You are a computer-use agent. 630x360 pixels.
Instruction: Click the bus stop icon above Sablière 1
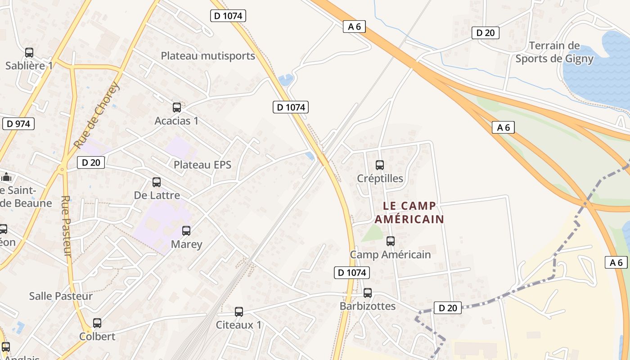[x=29, y=53]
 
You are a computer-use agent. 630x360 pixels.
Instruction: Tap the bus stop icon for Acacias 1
[x=177, y=108]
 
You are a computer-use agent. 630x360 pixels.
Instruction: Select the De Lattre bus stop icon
[x=157, y=182]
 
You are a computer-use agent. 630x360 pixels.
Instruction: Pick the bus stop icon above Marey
[x=186, y=231]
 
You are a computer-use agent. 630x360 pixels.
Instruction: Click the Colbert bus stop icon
[x=97, y=323]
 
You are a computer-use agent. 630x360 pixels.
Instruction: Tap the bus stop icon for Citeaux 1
[x=239, y=312]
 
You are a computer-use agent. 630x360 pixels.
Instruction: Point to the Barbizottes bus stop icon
[x=368, y=293]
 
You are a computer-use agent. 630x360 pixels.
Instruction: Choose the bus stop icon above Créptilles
[x=380, y=165]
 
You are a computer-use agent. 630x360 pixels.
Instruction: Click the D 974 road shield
[x=18, y=124]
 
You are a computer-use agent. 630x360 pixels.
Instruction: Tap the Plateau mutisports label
[x=208, y=56]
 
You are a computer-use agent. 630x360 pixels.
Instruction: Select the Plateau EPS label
[x=202, y=165]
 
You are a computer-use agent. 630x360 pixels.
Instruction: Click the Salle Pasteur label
[x=61, y=296]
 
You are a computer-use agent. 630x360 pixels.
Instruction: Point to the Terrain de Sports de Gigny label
[x=554, y=52]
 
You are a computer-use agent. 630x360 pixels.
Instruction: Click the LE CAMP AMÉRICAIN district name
[x=409, y=212]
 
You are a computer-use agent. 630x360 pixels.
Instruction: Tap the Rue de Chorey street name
[x=97, y=115]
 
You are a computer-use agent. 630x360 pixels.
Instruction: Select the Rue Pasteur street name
[x=66, y=226]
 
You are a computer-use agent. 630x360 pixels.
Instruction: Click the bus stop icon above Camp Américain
[x=391, y=241]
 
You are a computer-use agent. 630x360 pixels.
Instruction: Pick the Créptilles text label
[x=380, y=179]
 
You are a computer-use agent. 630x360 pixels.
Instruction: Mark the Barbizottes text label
[x=368, y=306]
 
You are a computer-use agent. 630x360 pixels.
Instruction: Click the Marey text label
[x=187, y=244]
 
